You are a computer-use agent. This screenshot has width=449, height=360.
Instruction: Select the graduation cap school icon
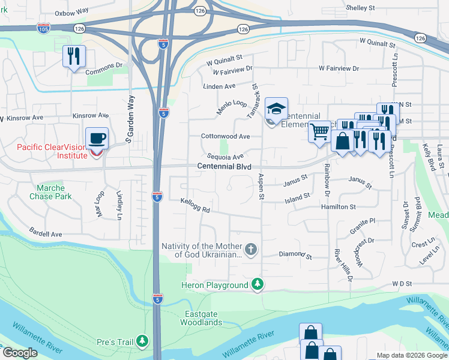coord(276,109)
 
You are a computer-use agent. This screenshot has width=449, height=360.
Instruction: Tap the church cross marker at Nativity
coord(251,248)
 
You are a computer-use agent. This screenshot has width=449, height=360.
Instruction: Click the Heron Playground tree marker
coord(258,284)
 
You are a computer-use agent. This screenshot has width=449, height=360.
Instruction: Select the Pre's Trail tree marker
coord(142,341)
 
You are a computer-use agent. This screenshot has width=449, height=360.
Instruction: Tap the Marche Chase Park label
coord(50,192)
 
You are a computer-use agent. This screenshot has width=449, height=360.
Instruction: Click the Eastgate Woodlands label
coord(202,318)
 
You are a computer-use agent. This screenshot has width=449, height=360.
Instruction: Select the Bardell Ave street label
coord(46,233)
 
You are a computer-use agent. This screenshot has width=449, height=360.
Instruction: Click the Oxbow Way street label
coord(71,12)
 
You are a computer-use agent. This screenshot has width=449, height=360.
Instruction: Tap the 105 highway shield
coord(43,28)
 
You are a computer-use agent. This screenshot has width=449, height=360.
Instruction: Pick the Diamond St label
coord(296,256)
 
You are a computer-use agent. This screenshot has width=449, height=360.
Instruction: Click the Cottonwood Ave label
coord(225,136)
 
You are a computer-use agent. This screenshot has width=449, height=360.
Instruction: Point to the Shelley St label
coord(360,8)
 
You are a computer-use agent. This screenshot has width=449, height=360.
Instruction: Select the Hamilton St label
coord(339,206)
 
